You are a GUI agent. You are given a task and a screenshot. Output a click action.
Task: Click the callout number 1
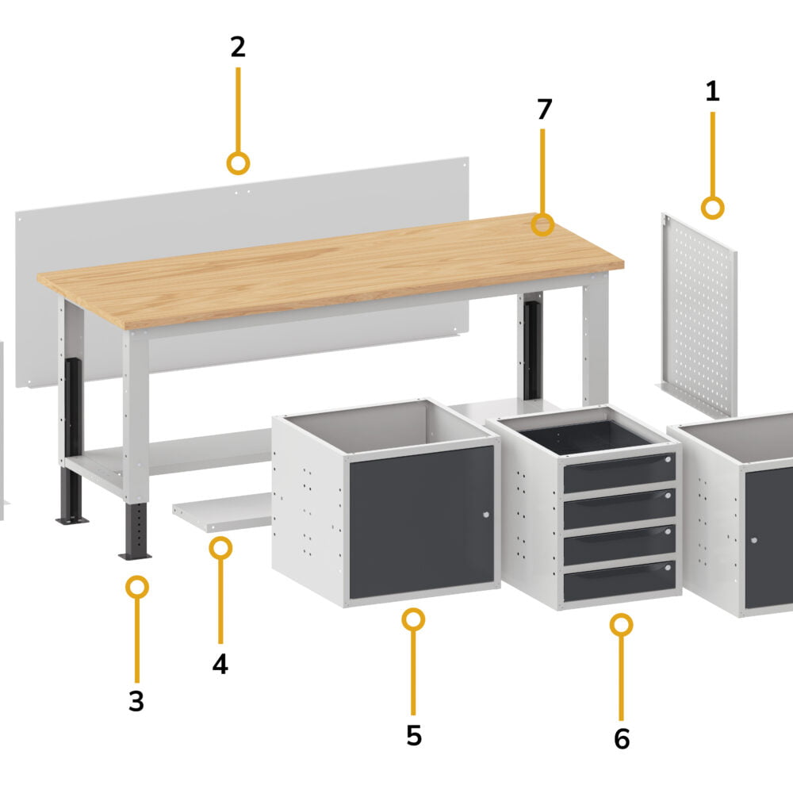(712, 91)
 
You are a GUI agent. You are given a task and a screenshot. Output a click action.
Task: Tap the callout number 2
(238, 47)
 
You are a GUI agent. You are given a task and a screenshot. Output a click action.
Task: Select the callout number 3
(136, 701)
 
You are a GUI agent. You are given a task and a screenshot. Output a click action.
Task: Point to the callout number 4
(220, 664)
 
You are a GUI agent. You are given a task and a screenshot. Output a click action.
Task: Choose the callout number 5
(414, 735)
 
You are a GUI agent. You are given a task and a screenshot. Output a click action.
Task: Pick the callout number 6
(622, 739)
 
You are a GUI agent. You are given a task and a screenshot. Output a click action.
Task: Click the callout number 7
(544, 109)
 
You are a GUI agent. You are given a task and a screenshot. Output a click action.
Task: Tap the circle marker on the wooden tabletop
(542, 224)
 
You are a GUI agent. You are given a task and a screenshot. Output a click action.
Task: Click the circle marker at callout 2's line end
(238, 163)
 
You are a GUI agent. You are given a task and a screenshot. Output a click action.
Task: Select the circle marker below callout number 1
(712, 208)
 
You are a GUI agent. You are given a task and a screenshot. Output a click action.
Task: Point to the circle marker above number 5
(413, 619)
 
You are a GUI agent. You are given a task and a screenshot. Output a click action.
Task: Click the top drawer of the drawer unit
(619, 472)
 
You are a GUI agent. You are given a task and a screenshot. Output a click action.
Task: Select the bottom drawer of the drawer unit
(619, 580)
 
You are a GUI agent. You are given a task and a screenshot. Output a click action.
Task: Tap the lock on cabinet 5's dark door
(486, 515)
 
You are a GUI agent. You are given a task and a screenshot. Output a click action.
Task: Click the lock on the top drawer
(668, 459)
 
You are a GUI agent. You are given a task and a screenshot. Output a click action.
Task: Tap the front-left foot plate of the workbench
(135, 557)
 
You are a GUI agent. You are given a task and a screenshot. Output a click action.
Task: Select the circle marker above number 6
(621, 625)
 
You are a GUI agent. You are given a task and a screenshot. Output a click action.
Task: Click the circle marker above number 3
(136, 587)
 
